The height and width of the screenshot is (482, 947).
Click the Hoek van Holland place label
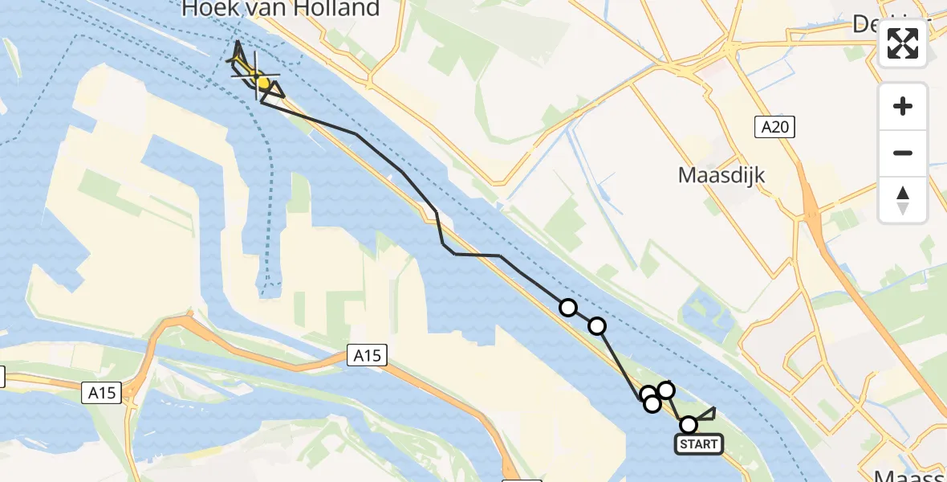coord(281,10)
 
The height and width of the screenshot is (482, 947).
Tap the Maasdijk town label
coord(721,174)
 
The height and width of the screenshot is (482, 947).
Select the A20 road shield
coord(774,126)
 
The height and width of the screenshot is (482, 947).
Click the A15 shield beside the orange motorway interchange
coord(102,393)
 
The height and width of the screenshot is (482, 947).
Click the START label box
coord(699,444)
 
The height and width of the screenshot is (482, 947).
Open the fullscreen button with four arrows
coord(903,43)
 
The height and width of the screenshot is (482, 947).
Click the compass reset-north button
coord(903,199)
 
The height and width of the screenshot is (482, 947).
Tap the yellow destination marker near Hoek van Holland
coord(261,81)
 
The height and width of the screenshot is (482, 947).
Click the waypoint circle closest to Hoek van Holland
coord(568,308)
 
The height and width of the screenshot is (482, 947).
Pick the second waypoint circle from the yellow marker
coord(597,325)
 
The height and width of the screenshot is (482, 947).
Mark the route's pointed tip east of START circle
coord(714,408)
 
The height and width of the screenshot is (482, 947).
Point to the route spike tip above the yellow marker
coord(238,42)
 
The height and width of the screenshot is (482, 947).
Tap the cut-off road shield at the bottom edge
coord(521,480)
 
